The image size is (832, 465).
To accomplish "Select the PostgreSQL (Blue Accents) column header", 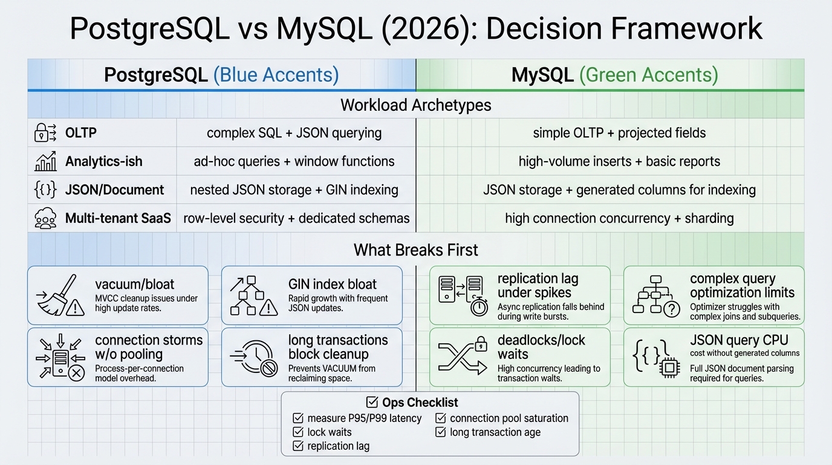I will click(x=221, y=74).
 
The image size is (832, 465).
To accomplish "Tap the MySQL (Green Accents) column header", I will click(x=614, y=74).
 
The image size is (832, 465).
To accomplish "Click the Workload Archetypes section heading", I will click(x=416, y=105).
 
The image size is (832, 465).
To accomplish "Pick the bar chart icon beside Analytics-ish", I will click(x=46, y=161).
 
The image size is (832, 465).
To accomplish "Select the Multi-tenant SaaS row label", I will click(x=118, y=219).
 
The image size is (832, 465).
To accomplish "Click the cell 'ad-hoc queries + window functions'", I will click(x=294, y=161).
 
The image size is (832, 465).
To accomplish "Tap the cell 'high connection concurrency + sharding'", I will click(x=619, y=219).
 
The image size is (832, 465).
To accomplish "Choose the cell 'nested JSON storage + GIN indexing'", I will click(x=294, y=190).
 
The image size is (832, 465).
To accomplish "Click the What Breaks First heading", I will click(x=416, y=249).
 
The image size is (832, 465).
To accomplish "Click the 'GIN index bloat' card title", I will click(x=332, y=284).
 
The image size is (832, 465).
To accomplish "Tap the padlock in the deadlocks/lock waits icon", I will click(x=481, y=345).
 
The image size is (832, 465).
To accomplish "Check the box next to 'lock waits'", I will click(x=297, y=432).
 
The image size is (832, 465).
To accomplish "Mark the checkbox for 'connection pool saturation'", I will click(x=440, y=418).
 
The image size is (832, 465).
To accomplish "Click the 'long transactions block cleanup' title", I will click(x=337, y=347).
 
